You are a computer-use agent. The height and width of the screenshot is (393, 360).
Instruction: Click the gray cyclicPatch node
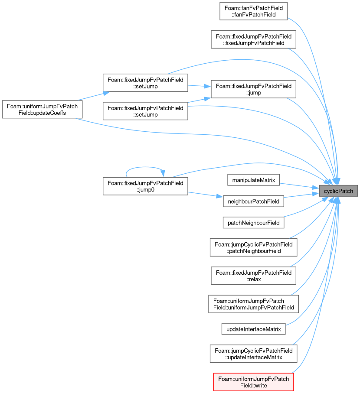338,191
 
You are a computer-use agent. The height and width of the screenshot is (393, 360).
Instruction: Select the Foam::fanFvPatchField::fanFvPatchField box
253,11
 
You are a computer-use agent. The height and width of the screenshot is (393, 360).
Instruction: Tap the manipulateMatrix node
253,180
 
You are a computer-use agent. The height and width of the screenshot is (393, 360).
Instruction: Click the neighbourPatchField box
253,201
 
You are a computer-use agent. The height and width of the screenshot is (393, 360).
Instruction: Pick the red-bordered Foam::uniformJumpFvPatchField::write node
253,382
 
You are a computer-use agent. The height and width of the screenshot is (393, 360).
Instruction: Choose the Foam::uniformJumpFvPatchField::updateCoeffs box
42,109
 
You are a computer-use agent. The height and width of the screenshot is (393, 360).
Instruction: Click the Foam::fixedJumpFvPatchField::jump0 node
145,186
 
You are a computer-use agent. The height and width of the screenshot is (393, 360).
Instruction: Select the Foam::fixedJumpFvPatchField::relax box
253,276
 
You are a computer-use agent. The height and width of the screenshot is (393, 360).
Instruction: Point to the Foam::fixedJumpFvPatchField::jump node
253,89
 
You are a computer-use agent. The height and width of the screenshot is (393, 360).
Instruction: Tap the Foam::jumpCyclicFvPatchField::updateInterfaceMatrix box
253,354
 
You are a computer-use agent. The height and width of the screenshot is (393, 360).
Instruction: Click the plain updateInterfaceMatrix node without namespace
253,329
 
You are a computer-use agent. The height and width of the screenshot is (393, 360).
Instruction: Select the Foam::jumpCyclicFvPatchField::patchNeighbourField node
253,247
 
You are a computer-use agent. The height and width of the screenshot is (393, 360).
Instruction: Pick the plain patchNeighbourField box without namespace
253,223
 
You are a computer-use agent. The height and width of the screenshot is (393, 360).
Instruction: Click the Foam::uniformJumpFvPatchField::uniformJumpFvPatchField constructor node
253,304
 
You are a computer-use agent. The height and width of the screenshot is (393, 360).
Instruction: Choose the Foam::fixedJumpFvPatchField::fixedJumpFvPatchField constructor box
253,39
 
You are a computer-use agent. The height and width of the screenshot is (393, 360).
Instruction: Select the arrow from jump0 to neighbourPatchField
206,195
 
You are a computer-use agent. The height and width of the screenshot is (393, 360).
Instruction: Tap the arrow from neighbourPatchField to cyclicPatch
301,195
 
